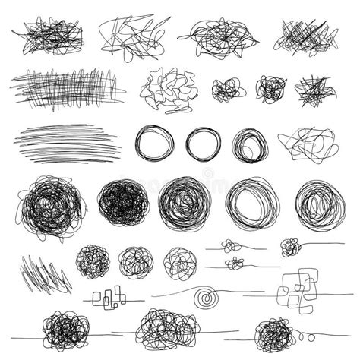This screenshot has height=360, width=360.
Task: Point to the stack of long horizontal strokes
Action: tap(67, 142)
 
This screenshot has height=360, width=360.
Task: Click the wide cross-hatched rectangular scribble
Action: tap(67, 87)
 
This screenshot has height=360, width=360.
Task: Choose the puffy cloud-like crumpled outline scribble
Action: tap(168, 90)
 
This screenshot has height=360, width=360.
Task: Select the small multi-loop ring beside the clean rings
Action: tap(249, 144)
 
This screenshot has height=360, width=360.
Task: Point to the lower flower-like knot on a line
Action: tap(235, 264)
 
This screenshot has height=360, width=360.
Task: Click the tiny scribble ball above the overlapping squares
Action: tap(289, 246)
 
